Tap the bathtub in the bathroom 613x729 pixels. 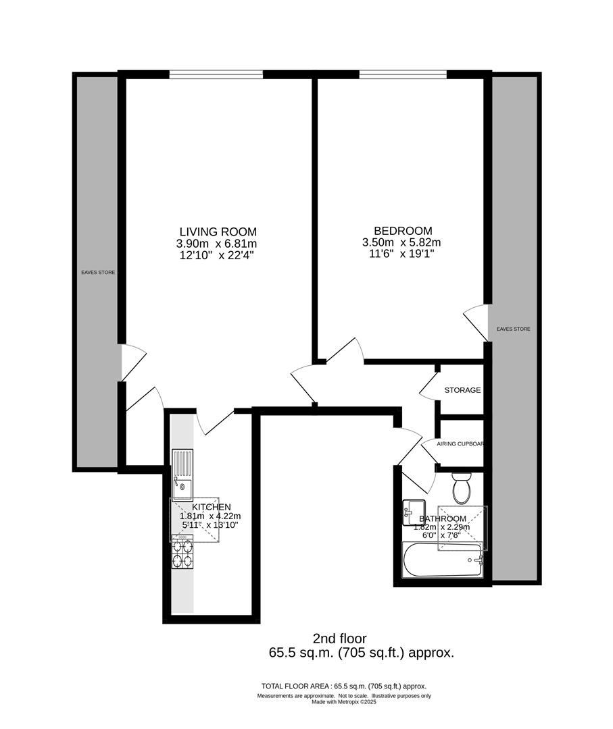click(x=442, y=560)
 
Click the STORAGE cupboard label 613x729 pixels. click(x=462, y=390)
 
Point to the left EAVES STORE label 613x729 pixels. click(x=98, y=273)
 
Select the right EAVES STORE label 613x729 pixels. click(x=514, y=329)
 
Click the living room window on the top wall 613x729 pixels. click(x=216, y=74)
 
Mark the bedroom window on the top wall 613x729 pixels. click(x=402, y=74)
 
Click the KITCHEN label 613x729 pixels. click(x=212, y=507)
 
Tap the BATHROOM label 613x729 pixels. click(x=442, y=519)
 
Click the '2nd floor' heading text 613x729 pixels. click(x=339, y=638)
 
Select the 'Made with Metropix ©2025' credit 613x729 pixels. click(x=343, y=702)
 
